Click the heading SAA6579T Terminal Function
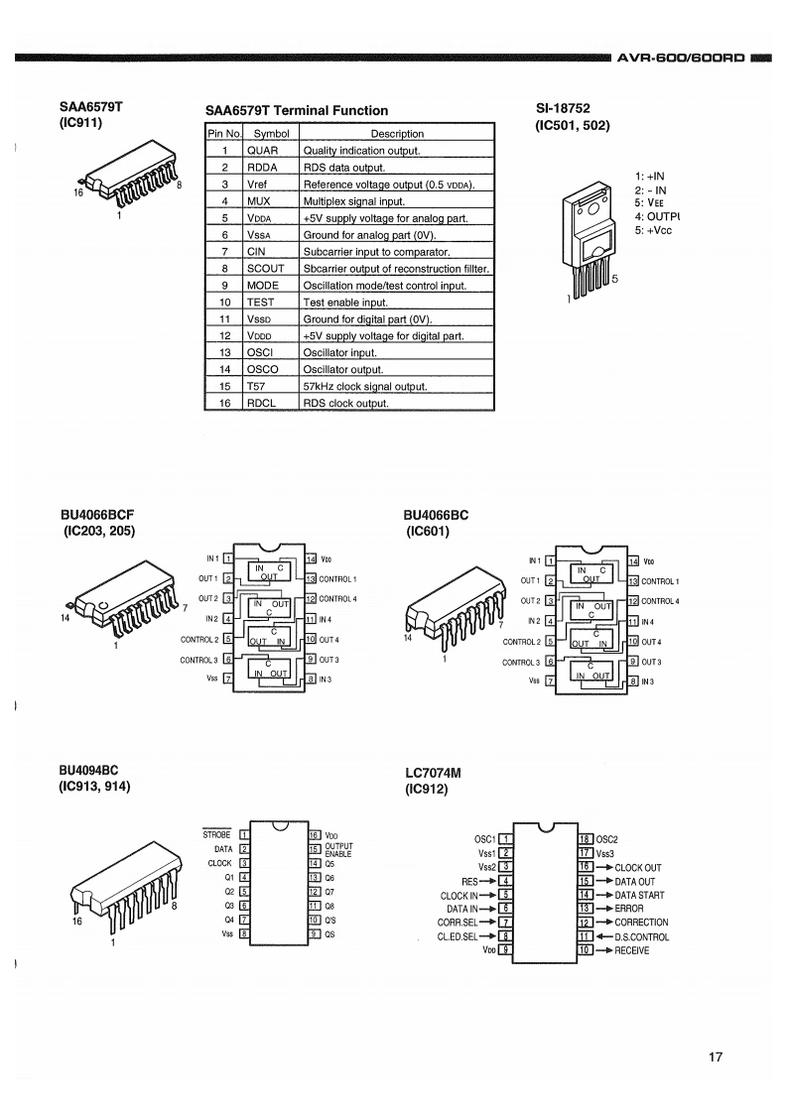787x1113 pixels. pyautogui.click(x=296, y=111)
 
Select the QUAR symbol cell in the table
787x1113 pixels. pyautogui.click(x=271, y=151)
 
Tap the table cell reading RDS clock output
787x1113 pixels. pyautogui.click(x=396, y=403)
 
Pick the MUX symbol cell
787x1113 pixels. pyautogui.click(x=271, y=201)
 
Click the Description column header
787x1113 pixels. pyautogui.click(x=396, y=134)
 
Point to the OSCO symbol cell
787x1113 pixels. pyautogui.click(x=271, y=369)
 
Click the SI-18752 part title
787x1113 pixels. pyautogui.click(x=563, y=108)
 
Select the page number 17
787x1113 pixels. pyautogui.click(x=716, y=1056)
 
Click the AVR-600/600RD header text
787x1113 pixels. pyautogui.click(x=681, y=58)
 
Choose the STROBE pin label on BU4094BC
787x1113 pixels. pyautogui.click(x=216, y=835)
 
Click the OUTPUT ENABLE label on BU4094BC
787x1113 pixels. pyautogui.click(x=338, y=850)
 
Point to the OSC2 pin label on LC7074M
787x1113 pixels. pyautogui.click(x=606, y=839)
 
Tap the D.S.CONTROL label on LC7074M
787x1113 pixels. pyautogui.click(x=641, y=937)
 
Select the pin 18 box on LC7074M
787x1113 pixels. pyautogui.click(x=586, y=839)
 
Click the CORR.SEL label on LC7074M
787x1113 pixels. pyautogui.click(x=458, y=923)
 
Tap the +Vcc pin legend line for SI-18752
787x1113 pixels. pyautogui.click(x=653, y=231)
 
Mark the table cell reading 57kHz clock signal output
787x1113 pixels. pyautogui.click(x=396, y=386)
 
